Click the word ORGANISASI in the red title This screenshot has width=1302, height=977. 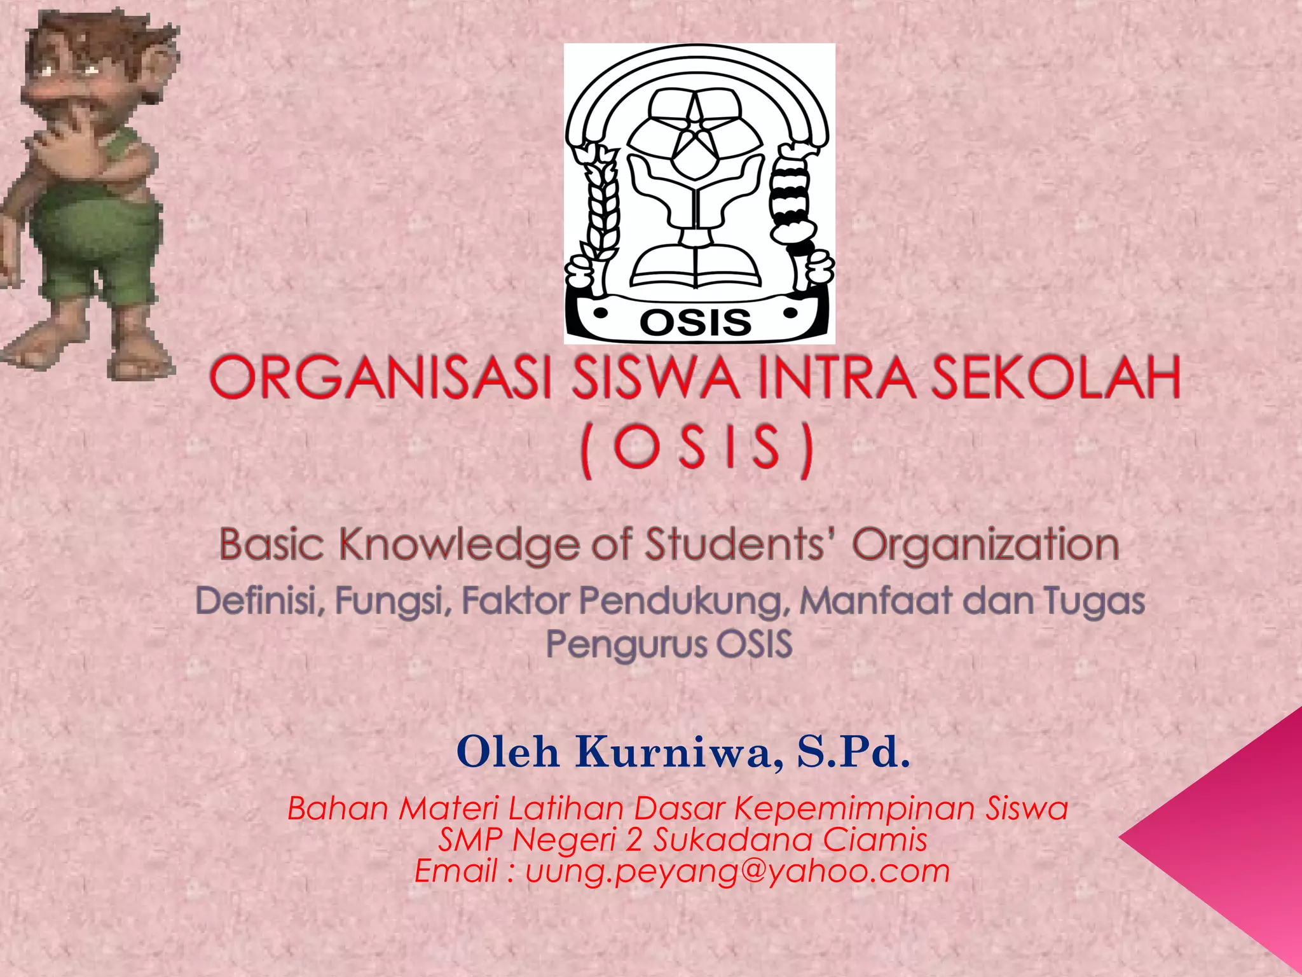[x=380, y=378]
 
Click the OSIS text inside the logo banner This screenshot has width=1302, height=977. [x=696, y=322]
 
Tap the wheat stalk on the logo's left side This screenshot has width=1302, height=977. [x=601, y=204]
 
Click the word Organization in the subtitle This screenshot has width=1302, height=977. [x=985, y=545]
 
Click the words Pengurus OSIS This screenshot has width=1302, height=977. [x=669, y=644]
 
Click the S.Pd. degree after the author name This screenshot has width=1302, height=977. [x=853, y=752]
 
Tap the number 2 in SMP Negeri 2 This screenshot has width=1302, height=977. [x=634, y=840]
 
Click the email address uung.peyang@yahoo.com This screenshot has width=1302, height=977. [x=737, y=871]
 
